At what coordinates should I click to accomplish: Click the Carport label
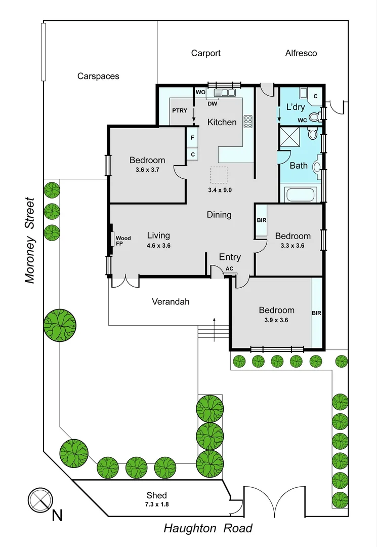(x=205, y=53)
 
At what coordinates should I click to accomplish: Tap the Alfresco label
(x=301, y=53)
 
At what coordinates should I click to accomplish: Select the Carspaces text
(x=98, y=76)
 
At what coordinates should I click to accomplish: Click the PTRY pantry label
(x=180, y=110)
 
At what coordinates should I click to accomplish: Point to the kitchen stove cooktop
(x=248, y=122)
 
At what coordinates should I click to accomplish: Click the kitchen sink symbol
(x=225, y=93)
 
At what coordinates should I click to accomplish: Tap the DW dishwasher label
(x=213, y=104)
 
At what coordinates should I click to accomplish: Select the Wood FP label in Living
(x=123, y=241)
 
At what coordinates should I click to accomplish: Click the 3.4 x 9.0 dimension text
(x=220, y=190)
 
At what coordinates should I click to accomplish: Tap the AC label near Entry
(x=229, y=268)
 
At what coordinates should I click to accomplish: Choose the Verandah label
(x=171, y=302)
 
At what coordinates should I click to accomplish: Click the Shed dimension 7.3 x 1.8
(x=156, y=504)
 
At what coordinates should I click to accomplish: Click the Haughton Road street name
(x=207, y=529)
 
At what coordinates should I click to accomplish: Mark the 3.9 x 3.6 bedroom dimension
(x=276, y=320)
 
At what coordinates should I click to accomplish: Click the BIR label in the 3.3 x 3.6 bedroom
(x=262, y=220)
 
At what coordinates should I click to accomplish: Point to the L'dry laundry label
(x=295, y=107)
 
